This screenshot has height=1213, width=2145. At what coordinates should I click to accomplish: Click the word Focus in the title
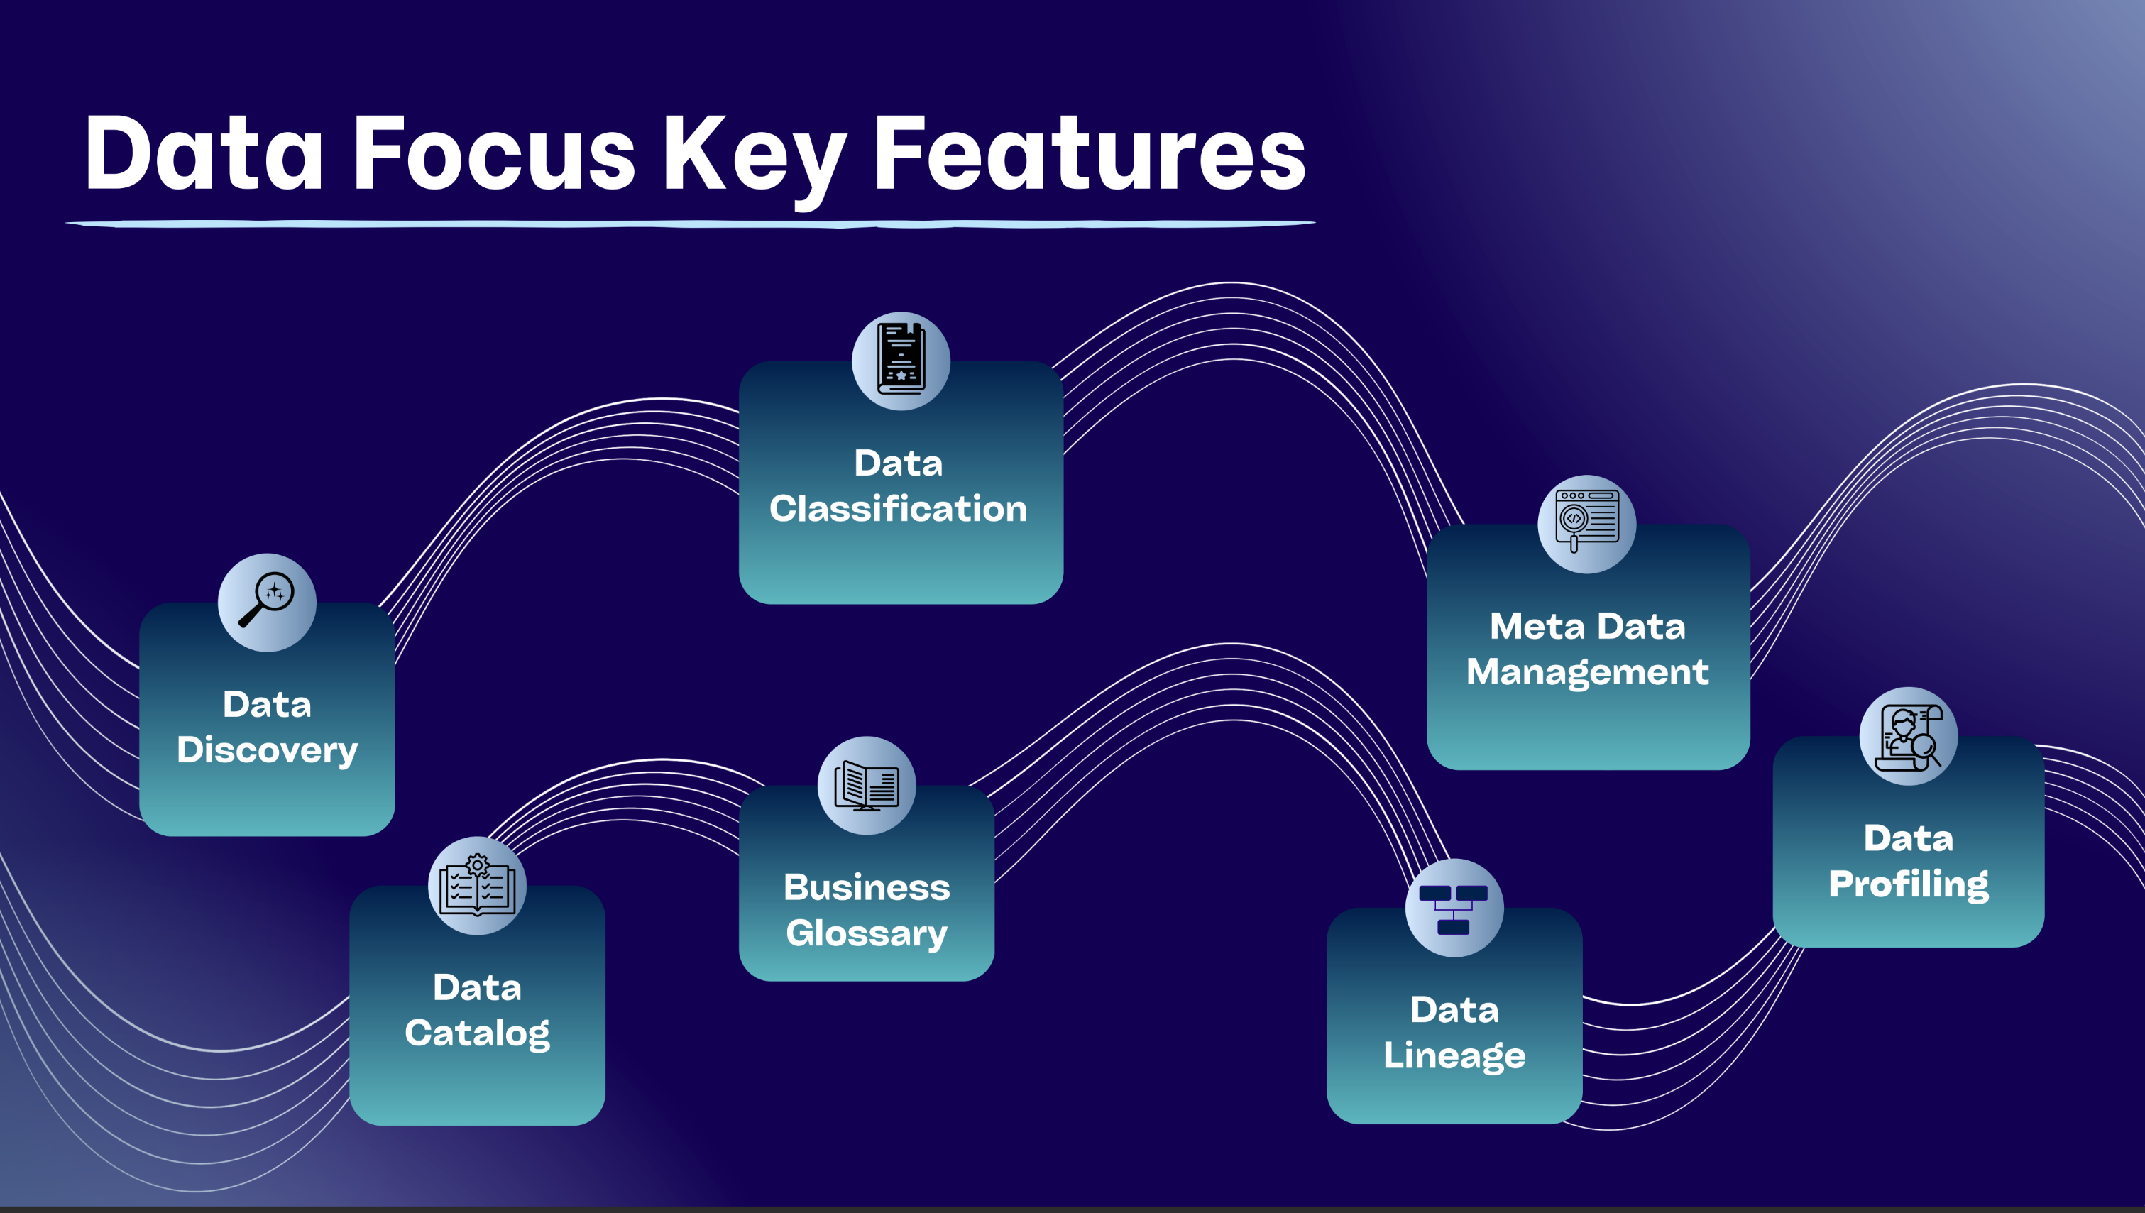coord(494,154)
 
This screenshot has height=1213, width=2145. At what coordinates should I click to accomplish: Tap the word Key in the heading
coord(754,157)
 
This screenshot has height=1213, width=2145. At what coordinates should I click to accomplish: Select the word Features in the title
coord(1089,154)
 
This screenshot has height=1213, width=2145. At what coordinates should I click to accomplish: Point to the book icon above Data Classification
coord(901,360)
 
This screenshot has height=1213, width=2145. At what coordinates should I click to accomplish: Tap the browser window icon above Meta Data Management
coord(1586,523)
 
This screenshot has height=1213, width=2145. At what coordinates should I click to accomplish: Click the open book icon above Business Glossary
coord(867,785)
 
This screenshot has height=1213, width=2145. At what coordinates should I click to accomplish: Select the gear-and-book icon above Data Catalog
coord(476,885)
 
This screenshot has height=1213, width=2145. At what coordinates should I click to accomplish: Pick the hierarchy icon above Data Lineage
coord(1454,907)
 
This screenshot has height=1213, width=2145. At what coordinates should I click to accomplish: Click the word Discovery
coord(268,750)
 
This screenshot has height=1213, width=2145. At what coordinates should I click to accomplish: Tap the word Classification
coord(898,508)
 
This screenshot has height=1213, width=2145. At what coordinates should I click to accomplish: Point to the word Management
coord(1587,672)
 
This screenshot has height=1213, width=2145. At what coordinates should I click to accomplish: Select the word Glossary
coord(867,933)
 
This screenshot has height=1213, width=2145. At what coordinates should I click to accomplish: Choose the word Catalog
coord(476,1033)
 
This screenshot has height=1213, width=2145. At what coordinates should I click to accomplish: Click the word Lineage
coord(1454,1055)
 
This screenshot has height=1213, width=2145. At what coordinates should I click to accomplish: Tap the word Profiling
coord(1908,884)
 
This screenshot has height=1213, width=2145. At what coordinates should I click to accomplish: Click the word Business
coord(867,887)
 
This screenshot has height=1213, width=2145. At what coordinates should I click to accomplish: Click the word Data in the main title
coord(204,154)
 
